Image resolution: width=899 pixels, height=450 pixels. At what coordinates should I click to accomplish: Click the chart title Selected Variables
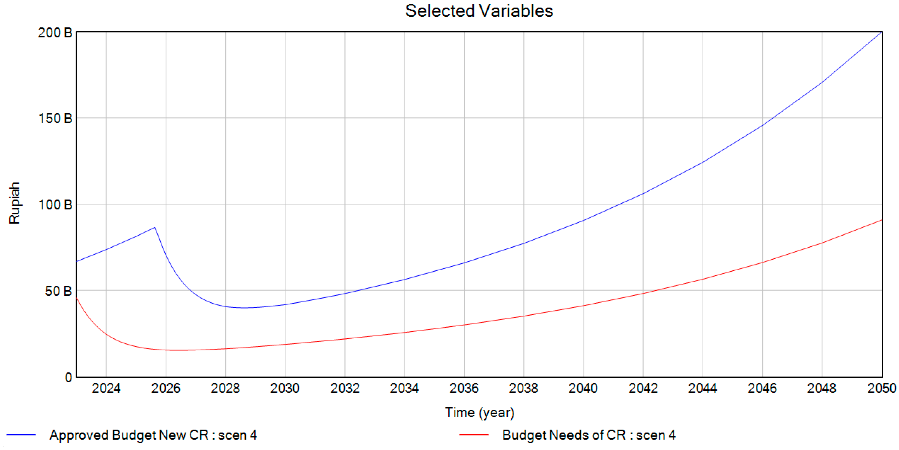pyautogui.click(x=479, y=11)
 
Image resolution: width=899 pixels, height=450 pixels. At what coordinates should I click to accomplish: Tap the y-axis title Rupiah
pyautogui.click(x=14, y=203)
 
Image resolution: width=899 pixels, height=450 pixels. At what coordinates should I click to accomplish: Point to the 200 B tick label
pyautogui.click(x=55, y=33)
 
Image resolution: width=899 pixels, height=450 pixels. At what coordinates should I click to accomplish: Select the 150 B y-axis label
pyautogui.click(x=55, y=119)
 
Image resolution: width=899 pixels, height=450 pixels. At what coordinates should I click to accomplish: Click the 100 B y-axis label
pyautogui.click(x=55, y=205)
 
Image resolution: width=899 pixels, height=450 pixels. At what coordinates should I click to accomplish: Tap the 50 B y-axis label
pyautogui.click(x=58, y=291)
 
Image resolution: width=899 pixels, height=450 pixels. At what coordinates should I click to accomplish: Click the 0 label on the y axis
pyautogui.click(x=68, y=377)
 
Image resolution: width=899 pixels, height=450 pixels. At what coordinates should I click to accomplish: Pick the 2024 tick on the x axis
pyautogui.click(x=106, y=388)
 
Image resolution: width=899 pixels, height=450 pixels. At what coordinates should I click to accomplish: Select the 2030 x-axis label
pyautogui.click(x=285, y=388)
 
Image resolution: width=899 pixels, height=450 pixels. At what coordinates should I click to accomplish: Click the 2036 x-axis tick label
pyautogui.click(x=464, y=388)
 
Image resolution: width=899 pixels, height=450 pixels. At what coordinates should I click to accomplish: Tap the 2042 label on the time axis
pyautogui.click(x=643, y=388)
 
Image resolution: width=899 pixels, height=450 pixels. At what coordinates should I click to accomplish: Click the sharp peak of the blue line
pyautogui.click(x=154, y=228)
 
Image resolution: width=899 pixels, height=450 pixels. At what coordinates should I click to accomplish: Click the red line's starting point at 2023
pyautogui.click(x=77, y=297)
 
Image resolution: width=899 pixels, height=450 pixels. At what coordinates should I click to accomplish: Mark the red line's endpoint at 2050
pyautogui.click(x=882, y=220)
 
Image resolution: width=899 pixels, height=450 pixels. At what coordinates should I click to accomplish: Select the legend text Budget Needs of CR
pyautogui.click(x=588, y=435)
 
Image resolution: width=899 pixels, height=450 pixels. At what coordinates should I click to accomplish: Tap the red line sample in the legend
pyautogui.click(x=474, y=435)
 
